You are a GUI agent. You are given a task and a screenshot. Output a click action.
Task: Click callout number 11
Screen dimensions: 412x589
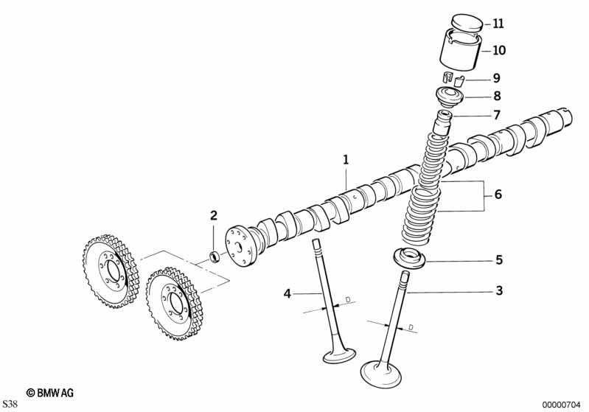(498, 24)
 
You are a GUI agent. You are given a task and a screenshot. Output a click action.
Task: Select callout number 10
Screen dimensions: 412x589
(498, 51)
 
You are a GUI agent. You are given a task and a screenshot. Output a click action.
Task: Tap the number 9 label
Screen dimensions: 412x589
(496, 77)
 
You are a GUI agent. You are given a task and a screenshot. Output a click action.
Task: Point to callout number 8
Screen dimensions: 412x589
(496, 96)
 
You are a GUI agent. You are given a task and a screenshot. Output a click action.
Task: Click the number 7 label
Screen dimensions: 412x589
(496, 115)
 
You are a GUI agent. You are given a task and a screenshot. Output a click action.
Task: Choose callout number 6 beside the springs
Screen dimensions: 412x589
(498, 195)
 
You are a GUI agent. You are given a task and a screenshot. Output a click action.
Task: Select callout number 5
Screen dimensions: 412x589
(498, 260)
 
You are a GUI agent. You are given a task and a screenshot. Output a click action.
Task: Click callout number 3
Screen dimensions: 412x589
(498, 291)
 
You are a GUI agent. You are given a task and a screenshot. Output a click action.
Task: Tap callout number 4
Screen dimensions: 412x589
(288, 295)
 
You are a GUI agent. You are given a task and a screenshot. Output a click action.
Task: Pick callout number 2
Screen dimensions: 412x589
(214, 216)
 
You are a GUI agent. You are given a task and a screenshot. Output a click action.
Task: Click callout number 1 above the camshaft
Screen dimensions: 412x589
(344, 159)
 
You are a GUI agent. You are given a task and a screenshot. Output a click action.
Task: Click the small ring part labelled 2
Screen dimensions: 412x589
(215, 256)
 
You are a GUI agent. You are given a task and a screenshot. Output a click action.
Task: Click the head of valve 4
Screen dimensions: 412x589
(339, 355)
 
